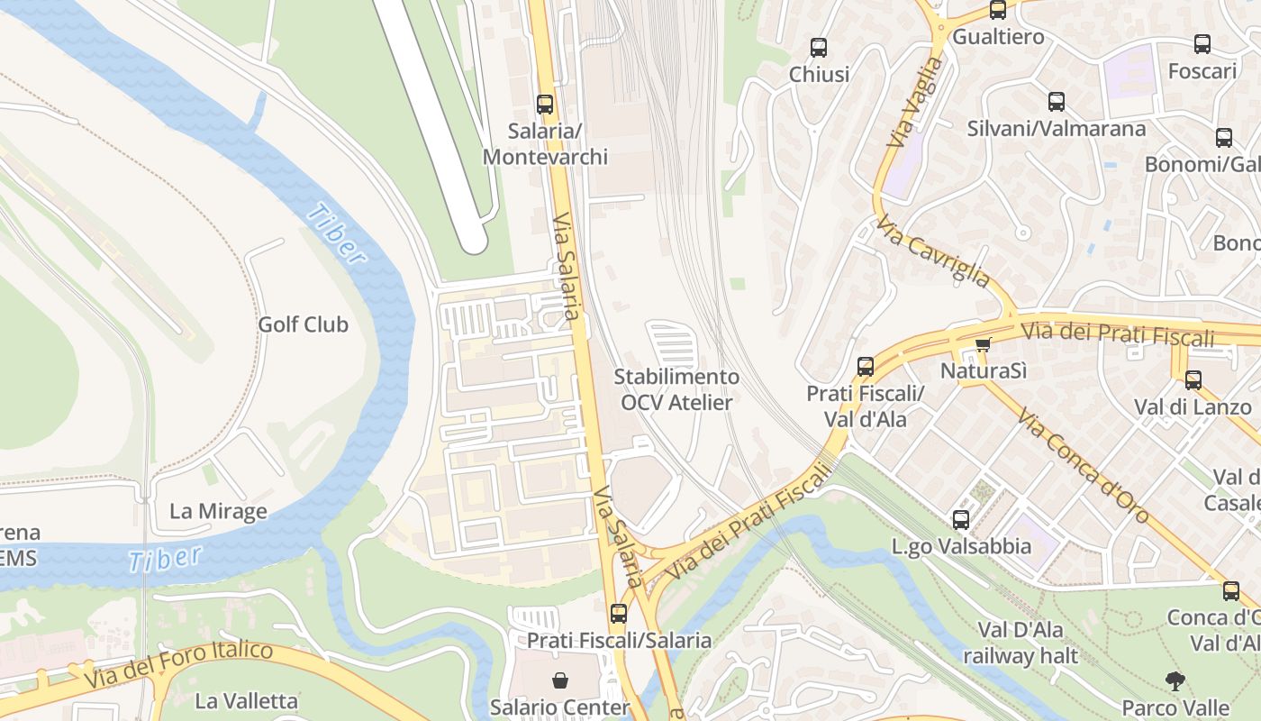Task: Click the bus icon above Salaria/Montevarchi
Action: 544,105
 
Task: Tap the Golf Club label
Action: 303,324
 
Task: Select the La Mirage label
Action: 218,512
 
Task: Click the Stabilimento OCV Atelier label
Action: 676,389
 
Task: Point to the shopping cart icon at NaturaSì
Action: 983,344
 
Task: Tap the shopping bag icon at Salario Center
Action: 560,680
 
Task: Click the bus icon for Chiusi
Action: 818,48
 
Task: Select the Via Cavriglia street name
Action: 933,250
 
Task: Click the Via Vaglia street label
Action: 915,103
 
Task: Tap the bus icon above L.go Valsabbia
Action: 961,520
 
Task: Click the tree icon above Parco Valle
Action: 1175,680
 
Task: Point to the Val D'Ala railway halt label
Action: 1021,643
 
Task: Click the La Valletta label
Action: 246,700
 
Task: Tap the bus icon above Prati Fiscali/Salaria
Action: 618,614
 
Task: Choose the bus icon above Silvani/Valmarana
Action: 1056,102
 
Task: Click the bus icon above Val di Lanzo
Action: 1193,380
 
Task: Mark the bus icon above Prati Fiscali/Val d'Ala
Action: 865,367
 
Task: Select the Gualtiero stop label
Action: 998,37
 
